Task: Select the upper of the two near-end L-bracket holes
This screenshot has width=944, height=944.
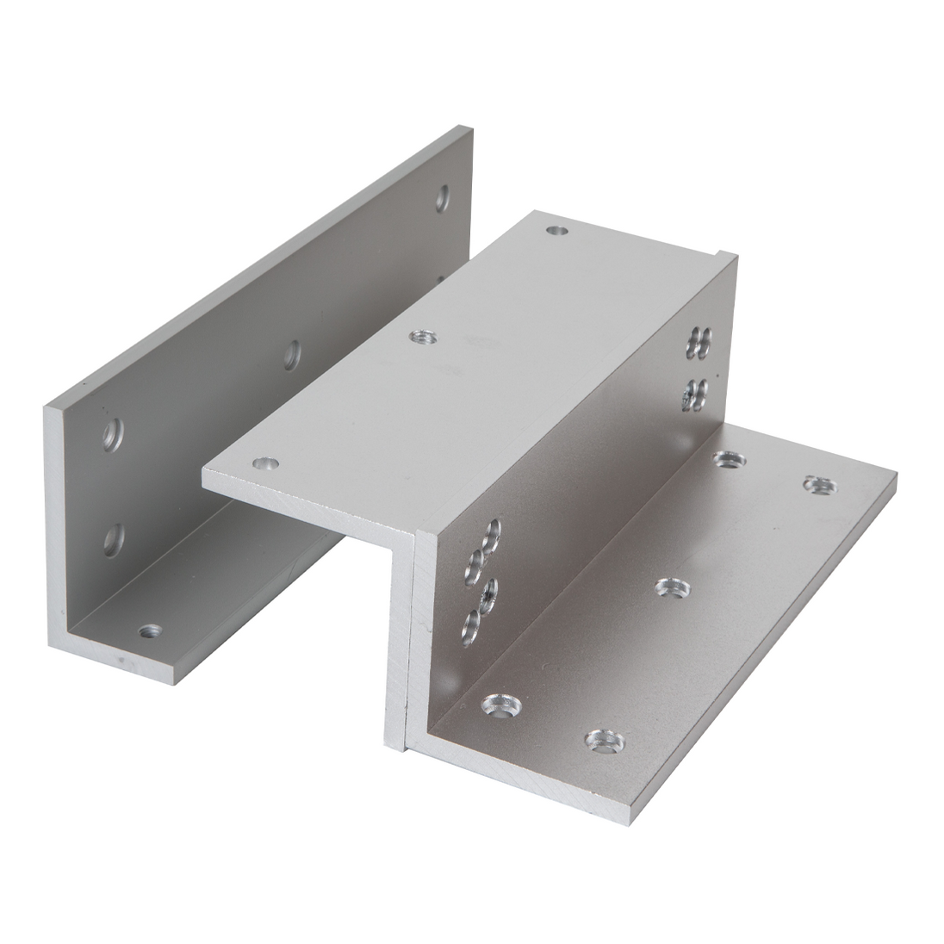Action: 113,436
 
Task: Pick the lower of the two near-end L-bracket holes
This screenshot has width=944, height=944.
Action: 113,539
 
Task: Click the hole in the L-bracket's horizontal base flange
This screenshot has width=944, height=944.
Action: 151,632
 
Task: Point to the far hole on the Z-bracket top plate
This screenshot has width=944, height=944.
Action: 557,231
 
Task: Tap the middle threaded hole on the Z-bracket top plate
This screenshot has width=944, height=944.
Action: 422,335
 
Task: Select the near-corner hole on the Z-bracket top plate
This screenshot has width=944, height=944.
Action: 266,463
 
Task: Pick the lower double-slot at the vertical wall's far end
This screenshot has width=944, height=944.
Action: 696,393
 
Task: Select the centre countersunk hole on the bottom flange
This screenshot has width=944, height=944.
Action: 673,588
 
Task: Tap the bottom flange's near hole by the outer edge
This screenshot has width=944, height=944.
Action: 606,742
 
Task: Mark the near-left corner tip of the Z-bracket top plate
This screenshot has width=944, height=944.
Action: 203,473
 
